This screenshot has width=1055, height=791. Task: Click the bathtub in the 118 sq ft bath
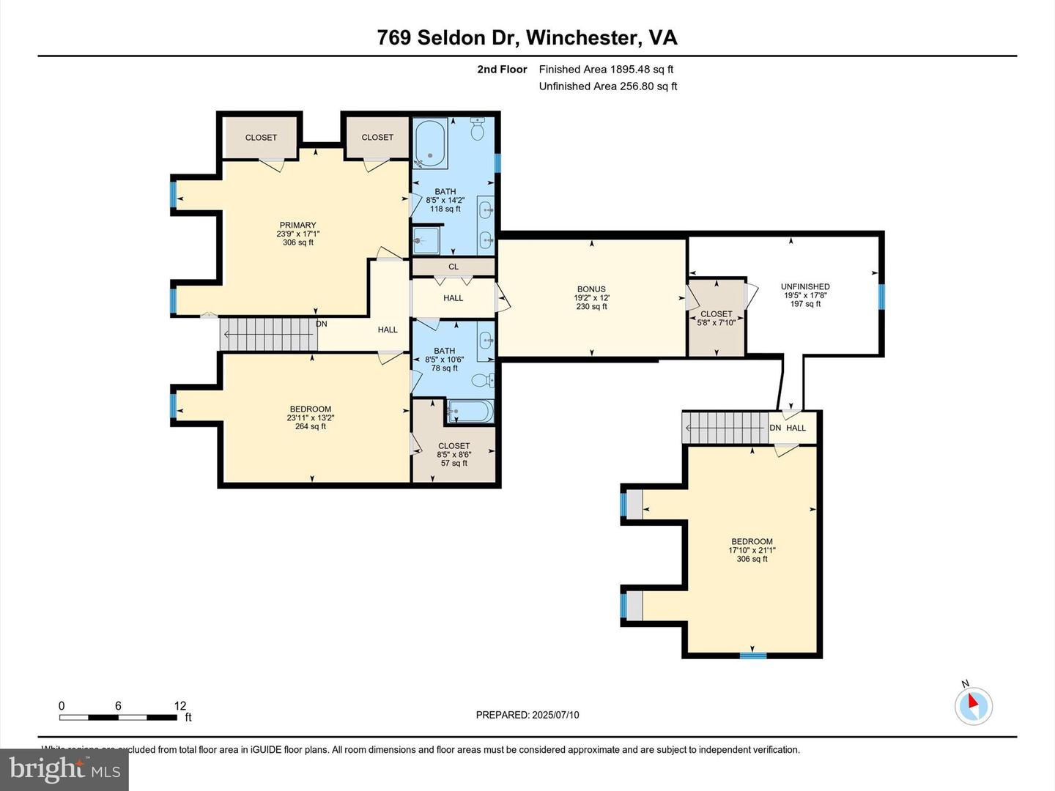click(431, 144)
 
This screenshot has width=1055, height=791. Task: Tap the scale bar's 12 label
click(180, 706)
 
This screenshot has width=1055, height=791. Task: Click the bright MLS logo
click(64, 769)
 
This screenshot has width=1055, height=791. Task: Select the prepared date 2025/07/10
click(527, 715)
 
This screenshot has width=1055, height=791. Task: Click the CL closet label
click(454, 267)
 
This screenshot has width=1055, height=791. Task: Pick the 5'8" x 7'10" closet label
click(716, 318)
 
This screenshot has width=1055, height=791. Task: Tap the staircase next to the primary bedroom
click(269, 335)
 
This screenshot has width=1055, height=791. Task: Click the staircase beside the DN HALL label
click(725, 428)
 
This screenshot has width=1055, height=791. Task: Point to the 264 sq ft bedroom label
click(311, 417)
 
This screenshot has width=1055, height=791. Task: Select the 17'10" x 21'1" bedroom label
click(752, 550)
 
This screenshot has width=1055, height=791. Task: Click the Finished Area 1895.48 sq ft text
click(606, 70)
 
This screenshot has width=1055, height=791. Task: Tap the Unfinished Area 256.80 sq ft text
click(607, 86)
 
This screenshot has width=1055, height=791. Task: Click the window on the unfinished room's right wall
click(881, 297)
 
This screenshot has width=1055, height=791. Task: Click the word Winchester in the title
click(581, 38)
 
